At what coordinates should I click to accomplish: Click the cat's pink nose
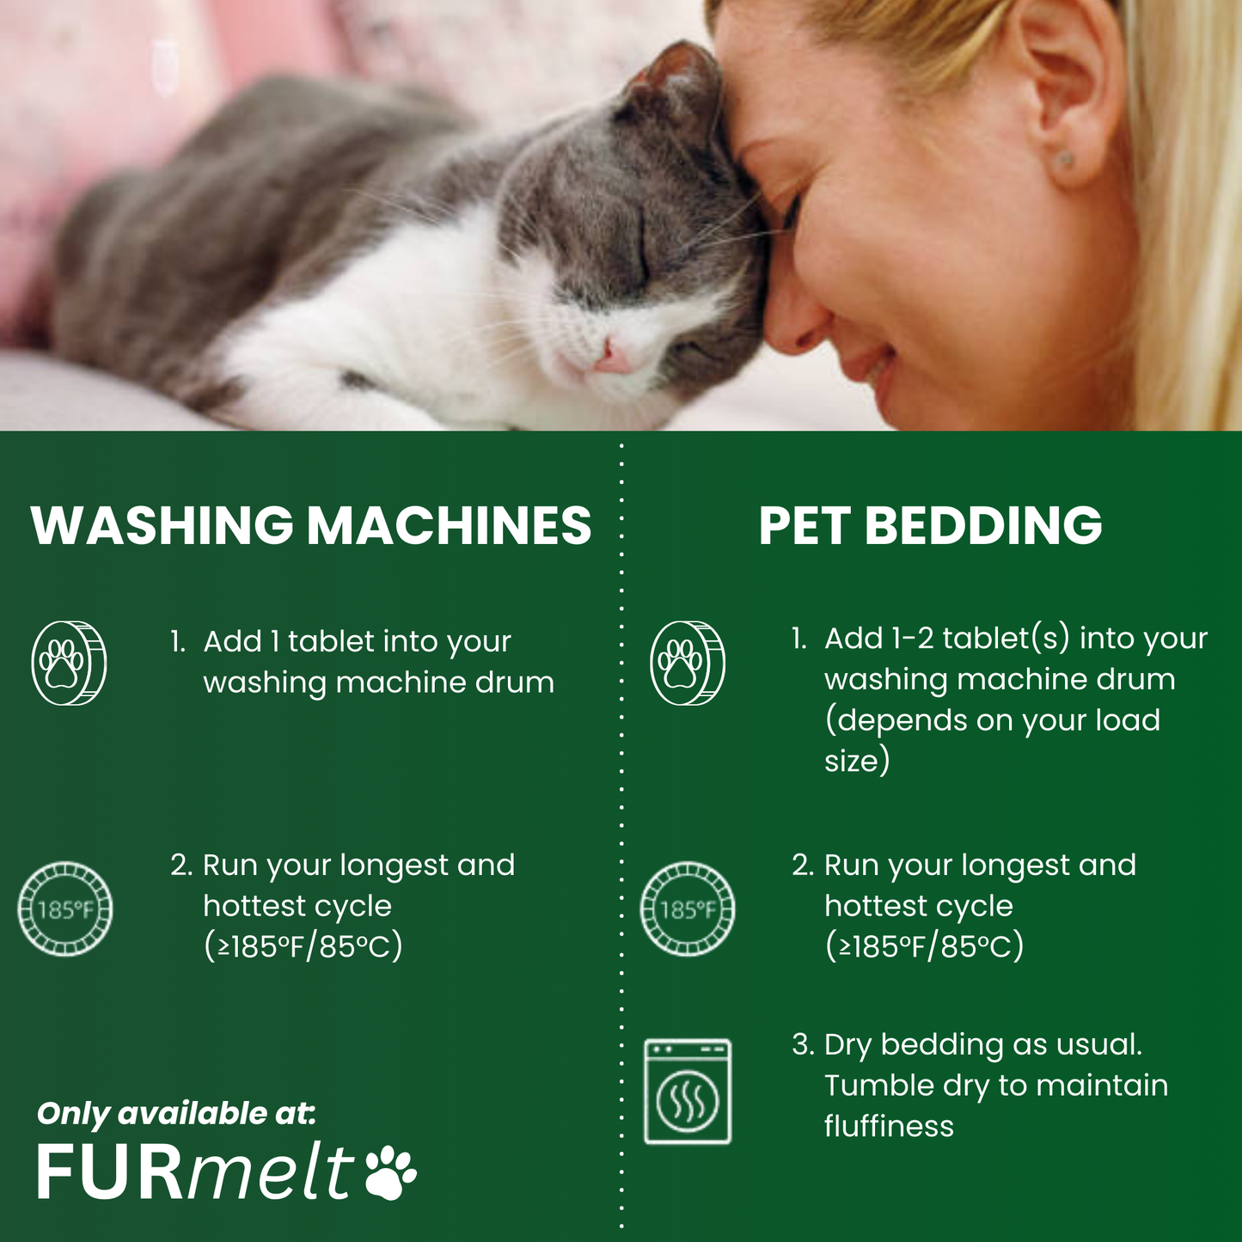(x=613, y=355)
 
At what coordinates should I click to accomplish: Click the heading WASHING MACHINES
(x=311, y=525)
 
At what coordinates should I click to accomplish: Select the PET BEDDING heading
(x=930, y=525)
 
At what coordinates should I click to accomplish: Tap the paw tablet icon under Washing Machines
(x=69, y=663)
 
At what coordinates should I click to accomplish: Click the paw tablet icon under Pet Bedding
(x=688, y=663)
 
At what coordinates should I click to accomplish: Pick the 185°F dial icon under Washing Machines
(x=65, y=909)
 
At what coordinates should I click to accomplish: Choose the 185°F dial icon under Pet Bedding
(x=688, y=909)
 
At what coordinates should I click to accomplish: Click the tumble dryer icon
(x=688, y=1092)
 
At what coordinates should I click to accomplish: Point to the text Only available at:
(x=176, y=1114)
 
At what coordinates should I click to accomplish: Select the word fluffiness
(x=889, y=1126)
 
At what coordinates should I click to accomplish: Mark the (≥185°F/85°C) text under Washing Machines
(x=303, y=946)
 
